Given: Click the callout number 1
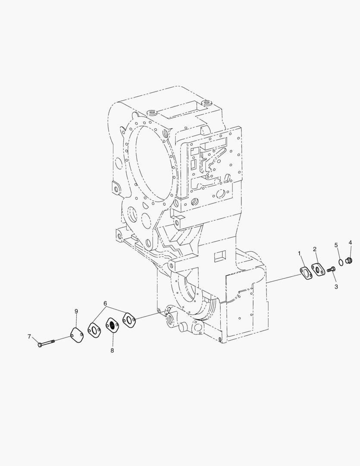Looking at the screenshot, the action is click(x=299, y=253).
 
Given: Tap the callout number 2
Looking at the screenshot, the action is click(x=315, y=249).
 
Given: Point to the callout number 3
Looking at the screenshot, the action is click(x=336, y=287).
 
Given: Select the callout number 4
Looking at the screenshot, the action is click(x=350, y=242).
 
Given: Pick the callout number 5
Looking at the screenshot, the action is click(x=336, y=245).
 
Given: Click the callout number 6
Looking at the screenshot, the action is click(x=105, y=303).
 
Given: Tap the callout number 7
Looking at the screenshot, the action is click(x=29, y=337).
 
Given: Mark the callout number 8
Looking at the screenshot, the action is click(x=112, y=350).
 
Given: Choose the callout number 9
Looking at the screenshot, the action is click(x=76, y=311).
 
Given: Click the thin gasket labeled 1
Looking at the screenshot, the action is click(x=306, y=274).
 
